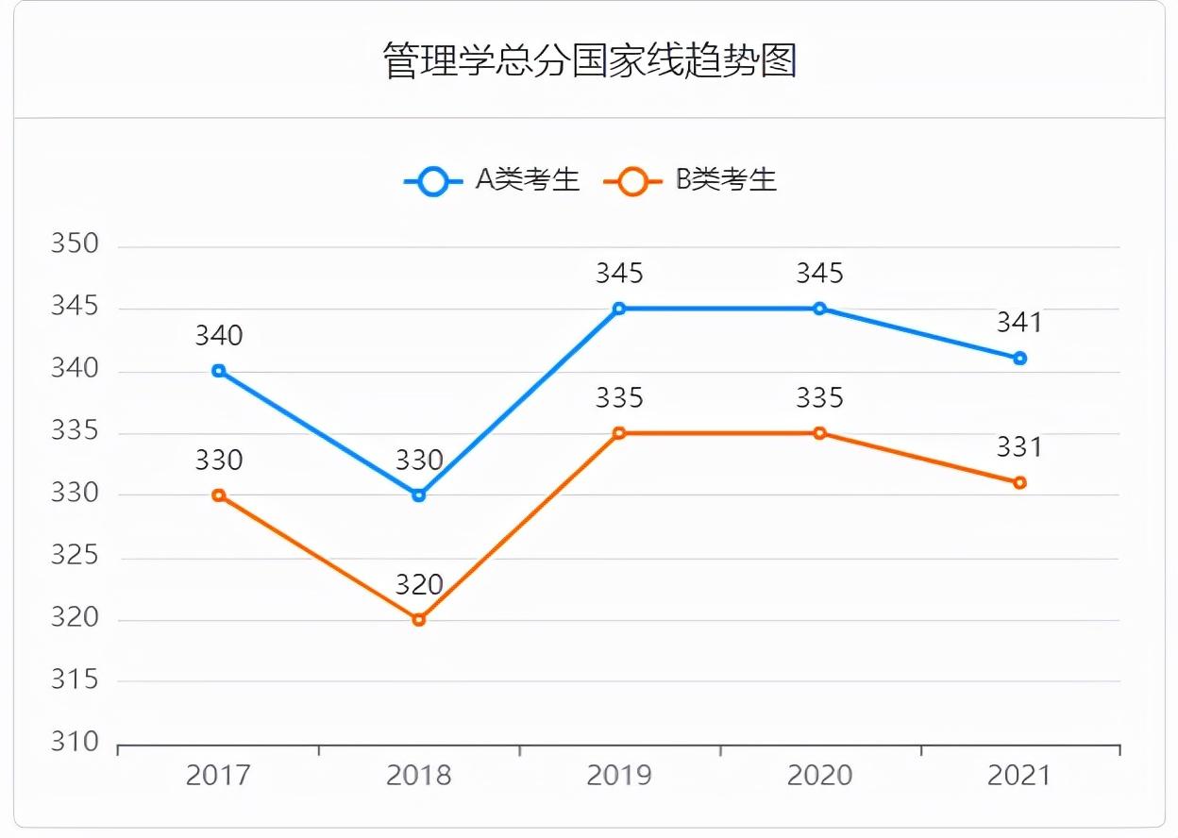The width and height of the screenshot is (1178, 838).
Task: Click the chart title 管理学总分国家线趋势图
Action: (x=589, y=60)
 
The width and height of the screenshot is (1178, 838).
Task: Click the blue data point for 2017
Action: (x=219, y=371)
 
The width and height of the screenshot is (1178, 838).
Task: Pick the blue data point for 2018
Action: (x=419, y=494)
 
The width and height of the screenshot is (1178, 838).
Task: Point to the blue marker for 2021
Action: (x=1019, y=359)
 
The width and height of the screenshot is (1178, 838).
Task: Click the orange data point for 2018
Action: (x=419, y=620)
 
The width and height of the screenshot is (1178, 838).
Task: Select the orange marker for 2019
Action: (x=619, y=433)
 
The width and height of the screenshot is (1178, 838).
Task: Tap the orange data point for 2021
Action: (x=1019, y=482)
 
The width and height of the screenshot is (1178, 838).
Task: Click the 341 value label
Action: (x=1019, y=323)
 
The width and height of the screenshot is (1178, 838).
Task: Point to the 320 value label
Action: (x=419, y=585)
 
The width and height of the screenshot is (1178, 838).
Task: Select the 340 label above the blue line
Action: (x=219, y=335)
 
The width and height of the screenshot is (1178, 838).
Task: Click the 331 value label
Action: (x=1019, y=446)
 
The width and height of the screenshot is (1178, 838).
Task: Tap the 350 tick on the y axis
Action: (x=75, y=244)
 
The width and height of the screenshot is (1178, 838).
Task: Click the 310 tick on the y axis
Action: (x=75, y=743)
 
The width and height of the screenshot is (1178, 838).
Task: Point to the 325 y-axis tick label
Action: (x=75, y=556)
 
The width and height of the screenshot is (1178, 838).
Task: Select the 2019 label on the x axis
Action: (x=619, y=776)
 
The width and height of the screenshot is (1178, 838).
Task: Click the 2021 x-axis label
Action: (x=1019, y=776)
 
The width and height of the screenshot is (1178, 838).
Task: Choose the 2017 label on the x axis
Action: (x=219, y=776)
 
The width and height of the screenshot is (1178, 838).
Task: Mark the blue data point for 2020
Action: (x=819, y=309)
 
